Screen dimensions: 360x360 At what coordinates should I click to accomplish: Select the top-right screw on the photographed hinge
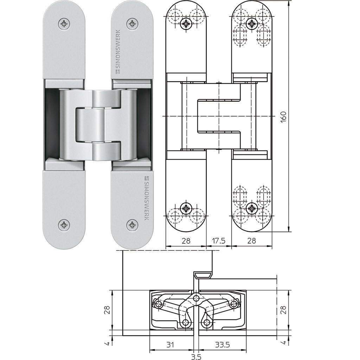click(132, 24)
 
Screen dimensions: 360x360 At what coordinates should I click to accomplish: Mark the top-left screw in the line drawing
click(185, 24)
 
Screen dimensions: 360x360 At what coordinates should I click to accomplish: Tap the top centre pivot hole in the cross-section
click(197, 298)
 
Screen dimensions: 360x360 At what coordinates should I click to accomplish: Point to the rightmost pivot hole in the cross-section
click(234, 303)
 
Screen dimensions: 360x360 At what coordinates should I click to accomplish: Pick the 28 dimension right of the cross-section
click(284, 310)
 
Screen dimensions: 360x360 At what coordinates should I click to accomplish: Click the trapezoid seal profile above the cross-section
click(203, 275)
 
